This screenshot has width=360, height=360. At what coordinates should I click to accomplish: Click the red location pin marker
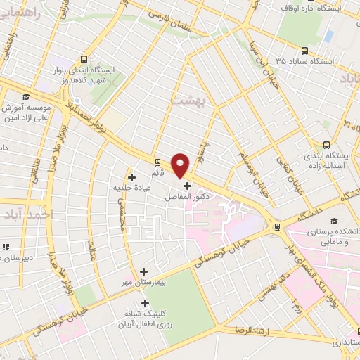(181, 165)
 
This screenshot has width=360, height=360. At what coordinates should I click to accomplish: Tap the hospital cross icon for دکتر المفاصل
(187, 185)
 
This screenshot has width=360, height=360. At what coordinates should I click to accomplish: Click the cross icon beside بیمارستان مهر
(144, 271)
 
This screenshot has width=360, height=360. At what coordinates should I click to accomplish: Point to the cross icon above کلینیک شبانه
(146, 304)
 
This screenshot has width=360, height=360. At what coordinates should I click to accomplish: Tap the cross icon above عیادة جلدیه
(131, 176)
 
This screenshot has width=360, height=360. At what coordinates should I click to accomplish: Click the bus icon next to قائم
(157, 161)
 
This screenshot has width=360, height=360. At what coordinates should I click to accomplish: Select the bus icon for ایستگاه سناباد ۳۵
(304, 51)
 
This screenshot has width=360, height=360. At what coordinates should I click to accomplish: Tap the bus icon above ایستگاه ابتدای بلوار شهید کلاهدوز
(85, 60)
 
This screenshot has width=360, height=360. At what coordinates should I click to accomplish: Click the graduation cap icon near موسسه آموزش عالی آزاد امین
(26, 97)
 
